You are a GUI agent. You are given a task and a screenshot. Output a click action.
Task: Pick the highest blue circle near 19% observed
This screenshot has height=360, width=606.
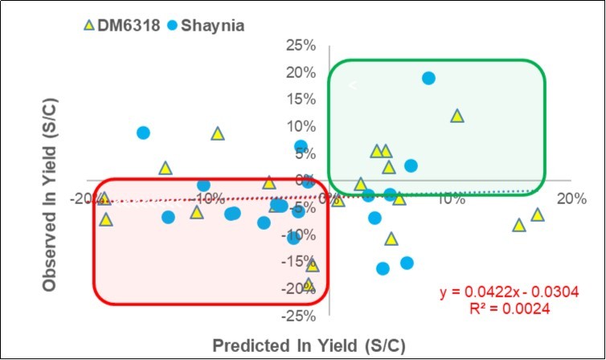pyautogui.click(x=428, y=78)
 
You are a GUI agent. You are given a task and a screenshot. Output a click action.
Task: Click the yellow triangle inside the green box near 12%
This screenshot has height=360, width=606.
pyautogui.click(x=457, y=116)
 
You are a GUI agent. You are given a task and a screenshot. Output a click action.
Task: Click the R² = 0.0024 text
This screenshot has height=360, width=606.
pyautogui.click(x=510, y=306)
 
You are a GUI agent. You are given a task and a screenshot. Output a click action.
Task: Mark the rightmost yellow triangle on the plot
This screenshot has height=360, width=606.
pyautogui.click(x=537, y=215)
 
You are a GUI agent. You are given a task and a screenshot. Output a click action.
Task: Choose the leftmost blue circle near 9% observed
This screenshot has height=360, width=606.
pyautogui.click(x=143, y=133)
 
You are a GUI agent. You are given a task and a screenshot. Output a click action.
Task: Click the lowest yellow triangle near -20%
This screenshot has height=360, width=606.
pyautogui.click(x=309, y=284)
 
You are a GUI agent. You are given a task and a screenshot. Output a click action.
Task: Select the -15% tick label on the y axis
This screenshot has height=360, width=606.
pyautogui.click(x=299, y=261)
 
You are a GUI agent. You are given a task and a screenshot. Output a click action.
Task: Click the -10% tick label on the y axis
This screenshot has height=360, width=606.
pyautogui.click(x=299, y=234)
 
